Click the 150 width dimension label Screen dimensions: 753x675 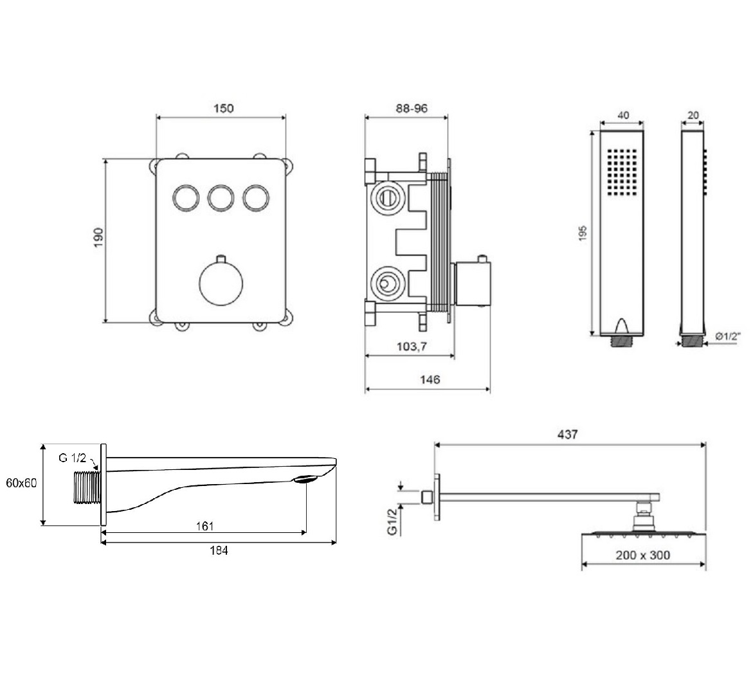pos(223,108)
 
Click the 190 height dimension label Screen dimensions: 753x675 pos(98,238)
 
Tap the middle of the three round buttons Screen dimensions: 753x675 pos(221,198)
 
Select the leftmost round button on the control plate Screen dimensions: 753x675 pos(186,198)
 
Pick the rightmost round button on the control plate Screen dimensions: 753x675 pos(256,198)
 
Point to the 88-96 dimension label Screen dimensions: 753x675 pos(412,109)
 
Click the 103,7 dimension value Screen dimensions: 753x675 pos(412,346)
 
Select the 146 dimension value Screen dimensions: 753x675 pos(430,380)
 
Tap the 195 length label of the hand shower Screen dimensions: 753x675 pos(583,233)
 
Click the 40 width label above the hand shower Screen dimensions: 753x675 pos(623,115)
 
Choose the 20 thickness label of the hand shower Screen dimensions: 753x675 pos(693,115)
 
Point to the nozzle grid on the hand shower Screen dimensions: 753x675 pos(622,172)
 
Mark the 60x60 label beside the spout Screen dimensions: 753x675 pos(21,483)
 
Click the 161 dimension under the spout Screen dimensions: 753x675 pos(204,526)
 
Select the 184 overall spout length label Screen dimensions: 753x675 pos(219,551)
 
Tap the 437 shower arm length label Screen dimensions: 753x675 pos(568,435)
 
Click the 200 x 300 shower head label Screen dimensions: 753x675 pos(642,555)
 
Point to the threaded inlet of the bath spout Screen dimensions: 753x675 pos(87,488)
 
